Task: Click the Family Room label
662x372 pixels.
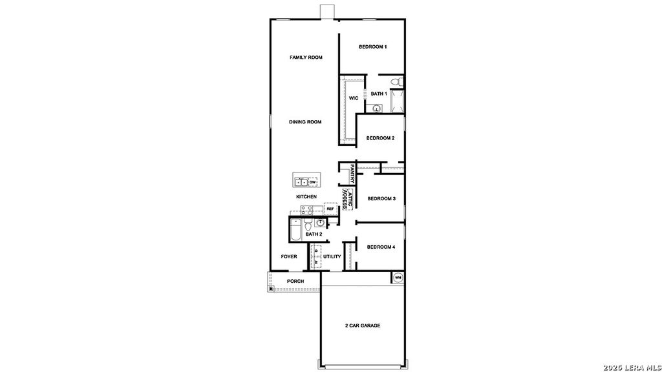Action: click(x=306, y=57)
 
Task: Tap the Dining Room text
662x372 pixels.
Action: click(x=305, y=122)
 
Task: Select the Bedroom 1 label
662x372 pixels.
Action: click(x=373, y=46)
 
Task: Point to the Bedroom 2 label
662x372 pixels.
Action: click(x=380, y=138)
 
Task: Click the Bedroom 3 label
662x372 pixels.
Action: click(x=381, y=198)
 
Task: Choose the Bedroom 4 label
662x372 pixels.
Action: click(x=381, y=247)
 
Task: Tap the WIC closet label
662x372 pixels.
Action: click(x=354, y=98)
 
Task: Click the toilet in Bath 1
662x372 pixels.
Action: click(x=397, y=81)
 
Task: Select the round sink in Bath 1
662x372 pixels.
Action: click(x=376, y=108)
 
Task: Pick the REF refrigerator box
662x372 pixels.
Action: click(x=330, y=209)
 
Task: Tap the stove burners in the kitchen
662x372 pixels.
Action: click(x=306, y=209)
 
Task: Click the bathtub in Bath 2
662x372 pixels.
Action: click(x=295, y=230)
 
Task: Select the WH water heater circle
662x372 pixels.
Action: click(x=398, y=278)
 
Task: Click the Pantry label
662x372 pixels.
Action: click(x=352, y=174)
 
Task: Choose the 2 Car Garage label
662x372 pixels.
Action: click(x=362, y=325)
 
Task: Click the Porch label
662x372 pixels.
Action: click(x=295, y=281)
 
